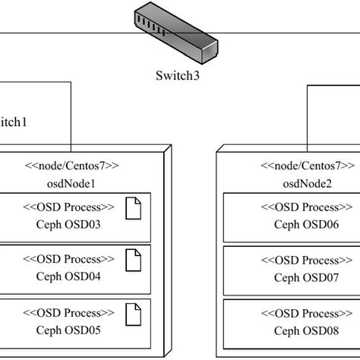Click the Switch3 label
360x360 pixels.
pyautogui.click(x=177, y=76)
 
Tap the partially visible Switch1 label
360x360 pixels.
pyautogui.click(x=14, y=121)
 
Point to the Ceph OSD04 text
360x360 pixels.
pyautogui.click(x=68, y=276)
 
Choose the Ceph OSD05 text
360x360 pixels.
pyautogui.click(x=68, y=329)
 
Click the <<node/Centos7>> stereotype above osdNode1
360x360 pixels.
pyautogui.click(x=73, y=165)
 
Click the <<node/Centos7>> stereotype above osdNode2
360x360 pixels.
pyautogui.click(x=308, y=165)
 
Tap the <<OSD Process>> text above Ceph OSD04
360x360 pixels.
pyautogui.click(x=68, y=261)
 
